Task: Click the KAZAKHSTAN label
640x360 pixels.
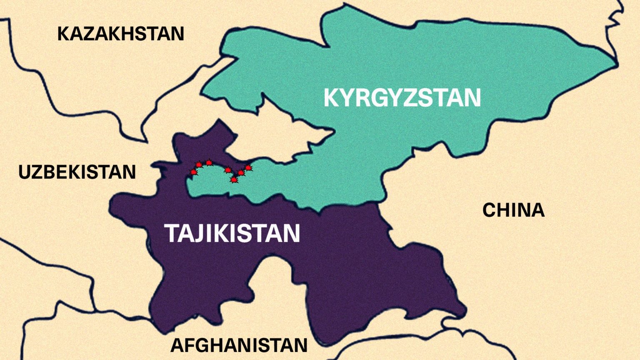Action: pyautogui.click(x=120, y=34)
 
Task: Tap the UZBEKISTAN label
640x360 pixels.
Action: pyautogui.click(x=77, y=172)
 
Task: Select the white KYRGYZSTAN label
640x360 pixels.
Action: pyautogui.click(x=402, y=98)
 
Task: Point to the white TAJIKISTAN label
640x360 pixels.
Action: pyautogui.click(x=233, y=233)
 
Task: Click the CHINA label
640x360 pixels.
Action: pyautogui.click(x=513, y=210)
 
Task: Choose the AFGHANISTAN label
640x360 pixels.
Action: pyautogui.click(x=239, y=345)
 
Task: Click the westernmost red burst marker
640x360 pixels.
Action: pyautogui.click(x=193, y=172)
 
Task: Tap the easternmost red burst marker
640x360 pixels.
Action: pyautogui.click(x=248, y=168)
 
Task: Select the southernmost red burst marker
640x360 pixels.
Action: pyautogui.click(x=234, y=180)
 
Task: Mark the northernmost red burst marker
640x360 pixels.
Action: pyautogui.click(x=209, y=162)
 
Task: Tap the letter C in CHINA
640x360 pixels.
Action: pyautogui.click(x=490, y=210)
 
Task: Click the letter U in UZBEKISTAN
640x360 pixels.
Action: pyautogui.click(x=25, y=172)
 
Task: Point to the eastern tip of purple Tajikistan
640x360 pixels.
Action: pyautogui.click(x=465, y=310)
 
